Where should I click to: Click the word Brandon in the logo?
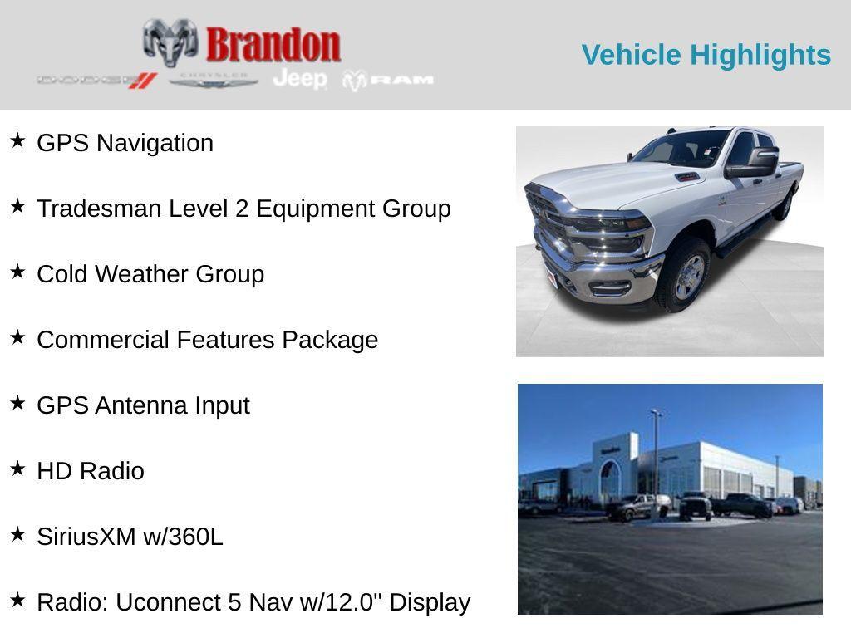[273, 44]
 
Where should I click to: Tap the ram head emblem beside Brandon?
[170, 42]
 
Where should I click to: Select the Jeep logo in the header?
[300, 79]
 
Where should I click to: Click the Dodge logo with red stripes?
[96, 80]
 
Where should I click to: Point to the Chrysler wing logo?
[214, 81]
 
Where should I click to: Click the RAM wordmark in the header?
[402, 80]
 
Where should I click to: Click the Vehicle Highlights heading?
[706, 55]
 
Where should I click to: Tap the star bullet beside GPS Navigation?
[17, 140]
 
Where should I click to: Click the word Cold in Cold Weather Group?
[62, 274]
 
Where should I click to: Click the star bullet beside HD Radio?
[17, 469]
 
